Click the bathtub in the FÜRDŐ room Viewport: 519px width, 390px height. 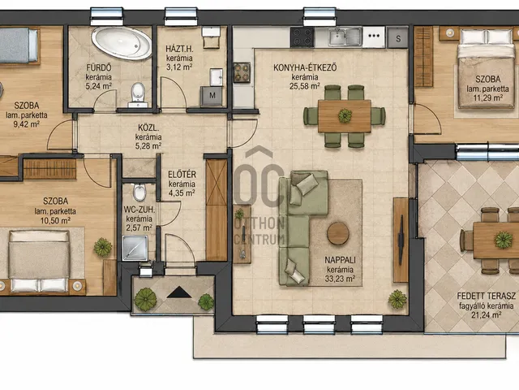[x=122, y=43]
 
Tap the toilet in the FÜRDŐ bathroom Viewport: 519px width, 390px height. [x=138, y=93]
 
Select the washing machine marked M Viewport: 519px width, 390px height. [x=212, y=96]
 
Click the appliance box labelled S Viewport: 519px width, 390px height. [x=398, y=38]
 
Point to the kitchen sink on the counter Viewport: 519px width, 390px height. [x=345, y=37]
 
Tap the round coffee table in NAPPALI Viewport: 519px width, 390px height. [x=338, y=233]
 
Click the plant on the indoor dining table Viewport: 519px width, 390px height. [x=345, y=115]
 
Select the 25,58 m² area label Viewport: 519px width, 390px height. [x=305, y=86]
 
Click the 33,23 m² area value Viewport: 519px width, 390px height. [x=340, y=279]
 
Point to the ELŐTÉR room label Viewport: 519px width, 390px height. [x=182, y=175]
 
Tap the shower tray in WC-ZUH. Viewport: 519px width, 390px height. [x=135, y=248]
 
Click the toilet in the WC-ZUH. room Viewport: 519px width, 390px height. [x=139, y=193]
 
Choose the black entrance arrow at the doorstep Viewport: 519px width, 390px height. [x=179, y=292]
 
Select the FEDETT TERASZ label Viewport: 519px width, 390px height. [x=486, y=296]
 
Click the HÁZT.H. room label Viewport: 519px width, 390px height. [x=179, y=49]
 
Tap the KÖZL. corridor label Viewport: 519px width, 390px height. [x=148, y=128]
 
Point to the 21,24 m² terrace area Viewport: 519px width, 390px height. [x=486, y=314]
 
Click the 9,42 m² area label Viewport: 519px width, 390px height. [x=27, y=124]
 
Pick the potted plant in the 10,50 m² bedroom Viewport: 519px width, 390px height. [x=103, y=247]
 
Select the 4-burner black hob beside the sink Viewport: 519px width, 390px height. [x=302, y=37]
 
